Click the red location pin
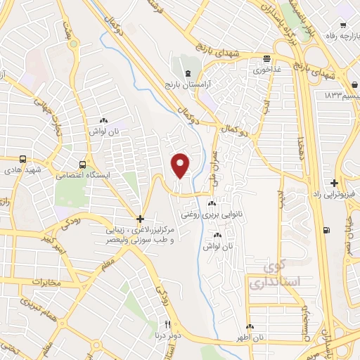point(181,165)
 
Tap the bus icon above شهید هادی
point(24,158)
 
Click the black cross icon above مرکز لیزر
point(140,219)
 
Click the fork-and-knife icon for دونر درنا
point(167,324)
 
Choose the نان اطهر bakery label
point(250,337)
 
